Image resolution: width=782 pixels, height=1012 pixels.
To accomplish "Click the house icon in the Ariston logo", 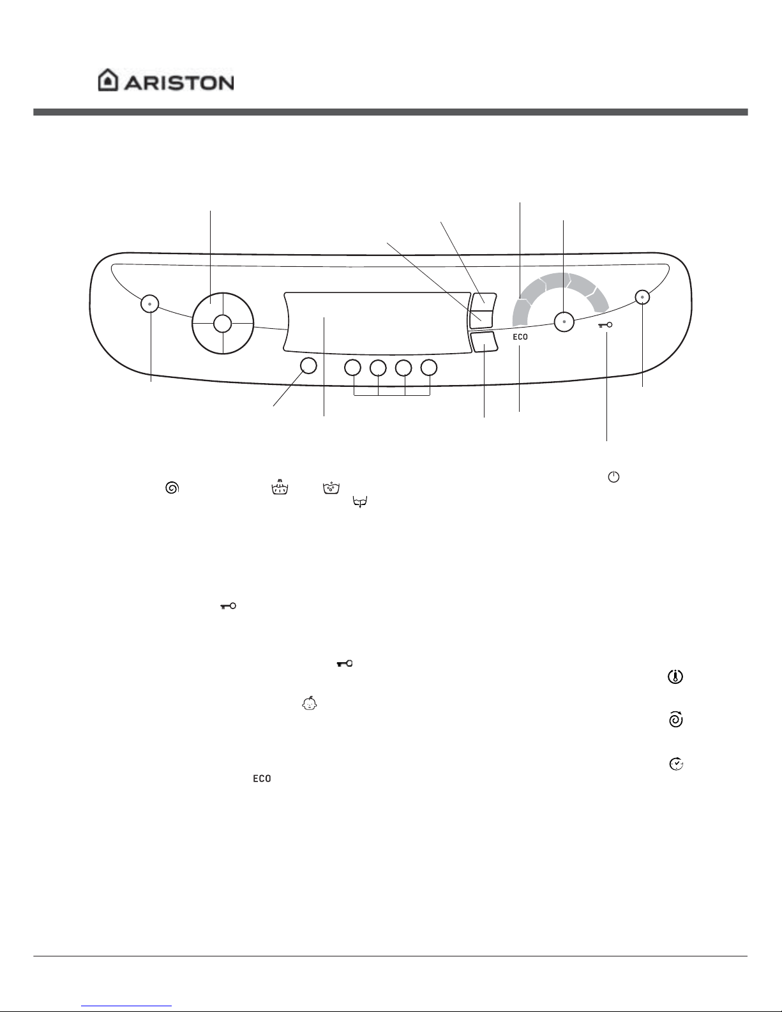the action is coord(107,80).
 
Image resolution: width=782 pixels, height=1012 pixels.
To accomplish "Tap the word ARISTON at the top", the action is coord(179,83).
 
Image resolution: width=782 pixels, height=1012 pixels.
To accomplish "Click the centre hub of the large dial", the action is coord(223,323).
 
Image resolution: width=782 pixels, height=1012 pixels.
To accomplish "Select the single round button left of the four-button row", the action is coord(308,366).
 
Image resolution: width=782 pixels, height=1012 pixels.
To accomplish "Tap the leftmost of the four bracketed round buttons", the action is coord(353,368).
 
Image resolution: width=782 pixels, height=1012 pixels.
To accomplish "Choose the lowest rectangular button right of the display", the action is coord(484,342).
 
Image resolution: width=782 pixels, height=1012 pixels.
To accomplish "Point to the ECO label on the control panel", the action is coord(520,336).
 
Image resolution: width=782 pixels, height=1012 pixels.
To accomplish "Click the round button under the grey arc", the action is coord(564,321).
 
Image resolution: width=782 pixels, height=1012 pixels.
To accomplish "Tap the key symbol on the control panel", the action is coord(605,325).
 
